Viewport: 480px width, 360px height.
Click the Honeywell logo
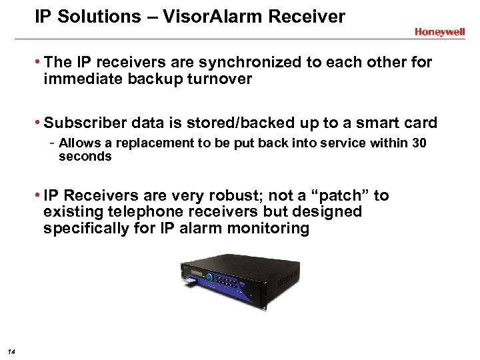click(439, 32)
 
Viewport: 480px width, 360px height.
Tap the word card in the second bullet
click(419, 123)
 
